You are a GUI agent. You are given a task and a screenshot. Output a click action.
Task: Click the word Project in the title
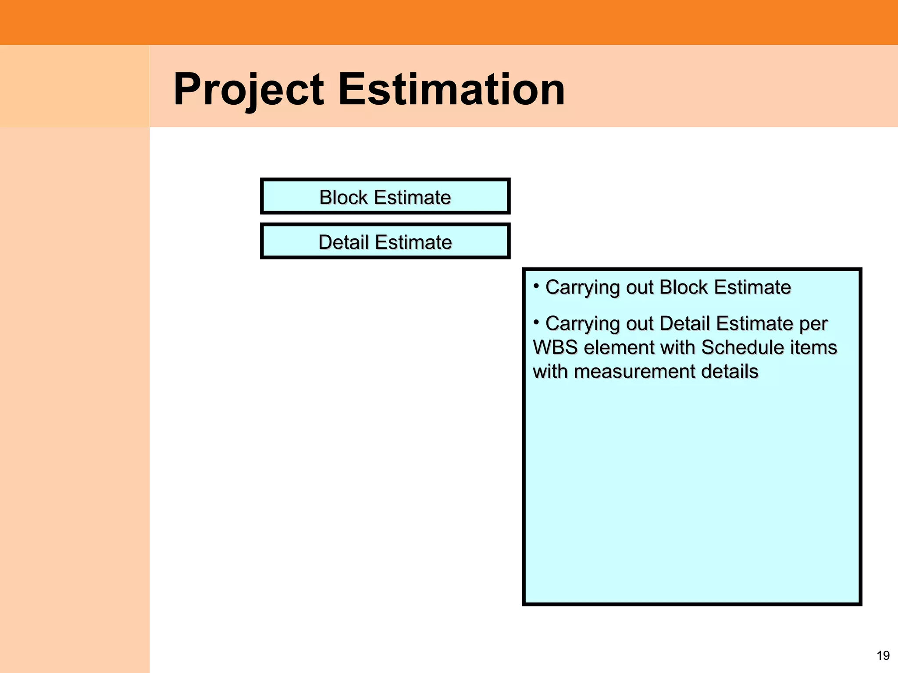(248, 90)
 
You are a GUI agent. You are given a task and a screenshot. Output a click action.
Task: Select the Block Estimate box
(385, 196)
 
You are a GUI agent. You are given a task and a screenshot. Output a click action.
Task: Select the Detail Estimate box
(385, 241)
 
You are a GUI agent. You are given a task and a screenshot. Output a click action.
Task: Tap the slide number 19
(883, 655)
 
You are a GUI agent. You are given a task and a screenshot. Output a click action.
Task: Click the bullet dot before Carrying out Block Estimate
(536, 286)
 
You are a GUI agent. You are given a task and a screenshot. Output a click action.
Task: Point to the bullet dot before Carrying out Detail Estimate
(536, 322)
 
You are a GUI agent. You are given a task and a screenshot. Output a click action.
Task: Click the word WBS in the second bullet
(555, 347)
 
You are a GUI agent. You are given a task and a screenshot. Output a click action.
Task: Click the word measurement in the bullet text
(634, 372)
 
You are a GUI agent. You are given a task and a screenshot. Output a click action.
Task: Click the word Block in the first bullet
(684, 287)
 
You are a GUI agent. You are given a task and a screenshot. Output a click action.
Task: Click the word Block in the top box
(343, 197)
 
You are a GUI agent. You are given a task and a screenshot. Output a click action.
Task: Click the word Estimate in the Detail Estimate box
(413, 242)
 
